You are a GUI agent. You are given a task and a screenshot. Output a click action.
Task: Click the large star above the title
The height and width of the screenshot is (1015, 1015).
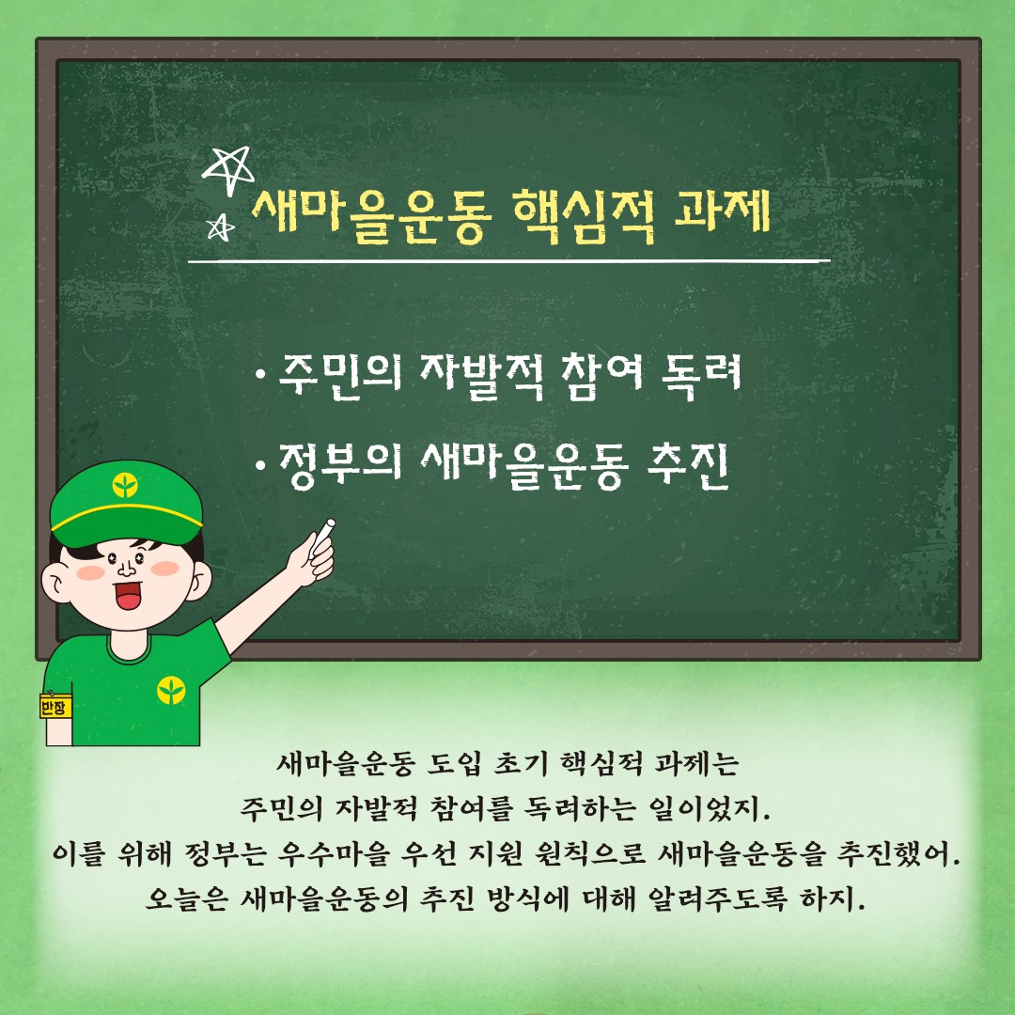tap(227, 169)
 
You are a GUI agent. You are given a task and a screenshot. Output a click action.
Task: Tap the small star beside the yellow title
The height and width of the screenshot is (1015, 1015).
tap(220, 227)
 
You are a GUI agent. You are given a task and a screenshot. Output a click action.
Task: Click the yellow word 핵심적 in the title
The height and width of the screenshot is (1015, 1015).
tap(584, 215)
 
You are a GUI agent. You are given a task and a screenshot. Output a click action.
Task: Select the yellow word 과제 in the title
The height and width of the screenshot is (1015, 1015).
tap(722, 211)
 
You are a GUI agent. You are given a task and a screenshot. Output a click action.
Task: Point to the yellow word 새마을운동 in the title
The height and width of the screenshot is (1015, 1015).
tap(371, 216)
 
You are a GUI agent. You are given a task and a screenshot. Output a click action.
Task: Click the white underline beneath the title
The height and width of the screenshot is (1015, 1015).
tap(508, 261)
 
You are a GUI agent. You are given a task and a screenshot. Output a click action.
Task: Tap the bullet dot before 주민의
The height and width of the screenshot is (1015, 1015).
tap(261, 375)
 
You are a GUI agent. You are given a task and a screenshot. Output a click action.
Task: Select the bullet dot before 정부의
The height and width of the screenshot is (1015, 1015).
tap(261, 465)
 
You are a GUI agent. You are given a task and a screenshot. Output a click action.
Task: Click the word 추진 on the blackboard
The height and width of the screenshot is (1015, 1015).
tap(688, 465)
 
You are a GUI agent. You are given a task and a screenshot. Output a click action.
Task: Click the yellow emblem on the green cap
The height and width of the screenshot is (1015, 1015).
tap(125, 484)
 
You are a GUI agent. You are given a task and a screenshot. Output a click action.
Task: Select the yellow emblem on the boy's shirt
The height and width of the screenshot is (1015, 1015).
tap(171, 690)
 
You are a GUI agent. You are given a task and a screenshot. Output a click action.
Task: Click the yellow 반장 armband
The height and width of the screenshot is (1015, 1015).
tap(55, 706)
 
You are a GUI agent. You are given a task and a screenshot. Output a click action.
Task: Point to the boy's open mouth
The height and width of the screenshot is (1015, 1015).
tap(128, 595)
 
